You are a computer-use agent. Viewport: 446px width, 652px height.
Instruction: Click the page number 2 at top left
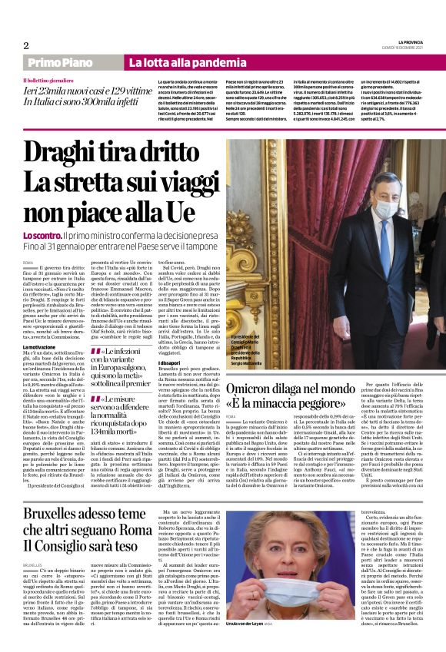coord(26,45)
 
